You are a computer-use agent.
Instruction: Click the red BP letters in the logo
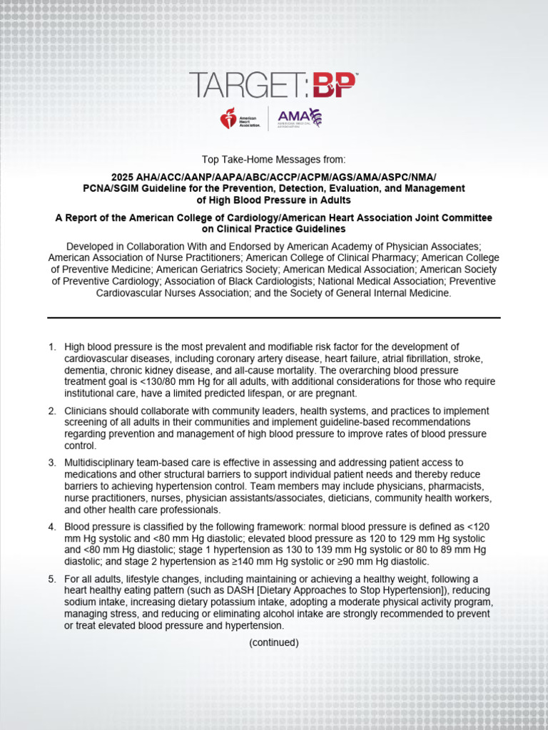(332, 85)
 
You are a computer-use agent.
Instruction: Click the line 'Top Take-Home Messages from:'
(274, 159)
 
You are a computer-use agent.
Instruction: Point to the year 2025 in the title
(122, 177)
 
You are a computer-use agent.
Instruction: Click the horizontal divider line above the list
(274, 317)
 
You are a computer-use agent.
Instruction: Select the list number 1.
(51, 347)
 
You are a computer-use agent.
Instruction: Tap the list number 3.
(51, 463)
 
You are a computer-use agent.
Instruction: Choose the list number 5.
(51, 580)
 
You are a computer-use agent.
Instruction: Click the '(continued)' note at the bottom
(274, 642)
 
